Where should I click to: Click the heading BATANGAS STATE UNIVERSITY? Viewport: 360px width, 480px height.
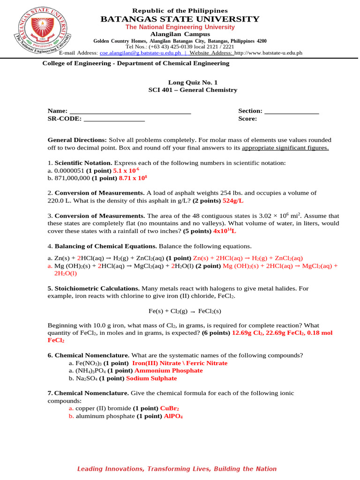pyautogui.click(x=180, y=19)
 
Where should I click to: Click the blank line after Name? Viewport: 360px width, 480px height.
pyautogui.click(x=130, y=111)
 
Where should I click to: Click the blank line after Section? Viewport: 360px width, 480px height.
pyautogui.click(x=292, y=111)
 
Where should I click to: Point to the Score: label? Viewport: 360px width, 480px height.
pyautogui.click(x=247, y=119)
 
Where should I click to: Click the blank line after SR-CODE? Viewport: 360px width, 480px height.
pyautogui.click(x=114, y=119)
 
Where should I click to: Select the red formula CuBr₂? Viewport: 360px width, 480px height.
pyautogui.click(x=170, y=408)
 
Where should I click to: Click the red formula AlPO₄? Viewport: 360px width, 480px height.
pyautogui.click(x=173, y=416)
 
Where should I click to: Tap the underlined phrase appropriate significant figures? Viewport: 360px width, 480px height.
pyautogui.click(x=285, y=148)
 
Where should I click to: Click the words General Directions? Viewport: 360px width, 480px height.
pyautogui.click(x=77, y=140)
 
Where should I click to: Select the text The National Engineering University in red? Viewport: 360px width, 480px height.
pyautogui.click(x=180, y=27)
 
